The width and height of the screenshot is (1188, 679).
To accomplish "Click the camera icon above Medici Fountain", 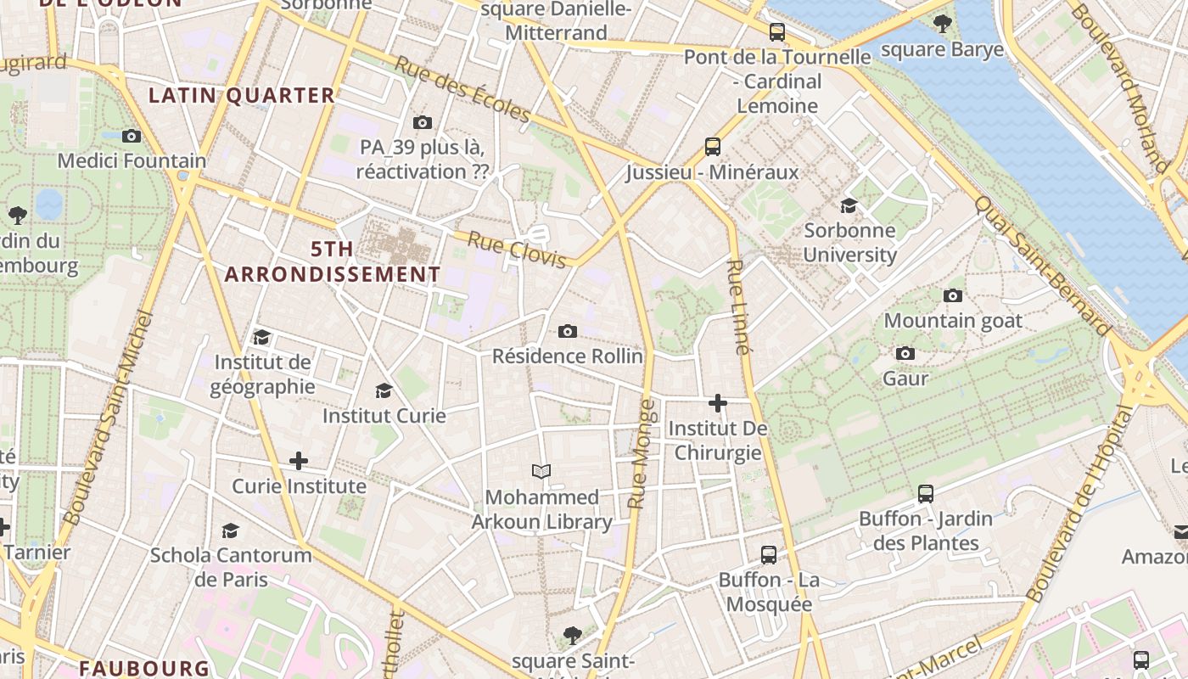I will point(131,136).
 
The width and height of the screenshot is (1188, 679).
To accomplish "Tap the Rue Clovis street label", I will point(517,250).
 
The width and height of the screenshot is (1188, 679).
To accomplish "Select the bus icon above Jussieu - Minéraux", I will point(713,147).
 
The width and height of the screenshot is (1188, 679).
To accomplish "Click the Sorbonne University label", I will point(849,242).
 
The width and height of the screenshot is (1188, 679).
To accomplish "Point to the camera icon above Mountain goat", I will point(953,295).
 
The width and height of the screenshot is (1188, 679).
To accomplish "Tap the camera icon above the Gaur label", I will point(905,353).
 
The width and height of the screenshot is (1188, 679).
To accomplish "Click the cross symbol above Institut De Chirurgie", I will point(718,403).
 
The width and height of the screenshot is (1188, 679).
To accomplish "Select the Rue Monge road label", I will point(642,454).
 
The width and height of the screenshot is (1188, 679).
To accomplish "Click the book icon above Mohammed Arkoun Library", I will point(541,471).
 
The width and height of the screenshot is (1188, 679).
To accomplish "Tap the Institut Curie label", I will point(384,416).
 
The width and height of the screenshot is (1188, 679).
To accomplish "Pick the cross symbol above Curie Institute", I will point(299,461).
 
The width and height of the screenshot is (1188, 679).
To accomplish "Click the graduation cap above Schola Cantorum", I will point(230,530).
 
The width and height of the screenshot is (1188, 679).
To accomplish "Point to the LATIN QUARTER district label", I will point(242,95).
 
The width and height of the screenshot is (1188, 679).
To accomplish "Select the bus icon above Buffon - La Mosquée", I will point(769,555).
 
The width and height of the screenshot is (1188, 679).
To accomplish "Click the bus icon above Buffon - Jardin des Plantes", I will point(926,493).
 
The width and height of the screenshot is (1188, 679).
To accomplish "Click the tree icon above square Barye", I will point(942,24).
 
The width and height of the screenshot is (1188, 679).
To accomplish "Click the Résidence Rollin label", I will point(568,356).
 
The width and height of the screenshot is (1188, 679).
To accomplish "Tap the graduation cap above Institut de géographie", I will point(261,337).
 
